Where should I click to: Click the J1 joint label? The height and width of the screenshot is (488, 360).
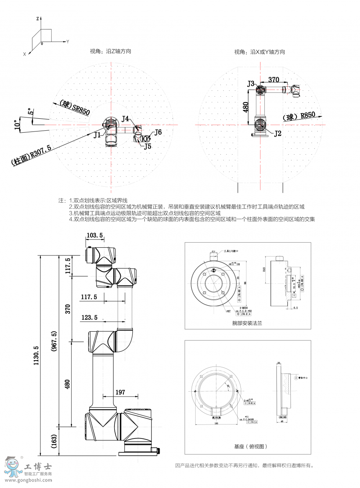(x=97, y=135)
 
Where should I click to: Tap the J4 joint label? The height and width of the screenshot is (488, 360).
(x=126, y=118)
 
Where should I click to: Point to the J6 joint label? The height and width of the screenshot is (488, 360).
(x=158, y=132)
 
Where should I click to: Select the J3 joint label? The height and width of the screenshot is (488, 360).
(x=251, y=84)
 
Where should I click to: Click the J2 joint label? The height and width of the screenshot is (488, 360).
(x=278, y=133)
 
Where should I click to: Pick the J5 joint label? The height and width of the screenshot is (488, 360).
(x=148, y=146)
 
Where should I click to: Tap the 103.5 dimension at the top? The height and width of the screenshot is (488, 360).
(x=94, y=235)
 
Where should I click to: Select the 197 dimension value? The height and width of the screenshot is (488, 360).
(x=120, y=392)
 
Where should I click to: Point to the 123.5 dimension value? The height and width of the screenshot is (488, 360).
(x=89, y=318)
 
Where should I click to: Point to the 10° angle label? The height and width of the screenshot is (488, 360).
(x=16, y=125)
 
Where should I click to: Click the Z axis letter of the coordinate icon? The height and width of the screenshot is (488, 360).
(x=37, y=19)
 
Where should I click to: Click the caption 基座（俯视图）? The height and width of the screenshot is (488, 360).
(x=250, y=446)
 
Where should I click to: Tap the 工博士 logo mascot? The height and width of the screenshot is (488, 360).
(x=12, y=466)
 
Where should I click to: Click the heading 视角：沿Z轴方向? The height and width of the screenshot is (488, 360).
(x=110, y=51)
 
